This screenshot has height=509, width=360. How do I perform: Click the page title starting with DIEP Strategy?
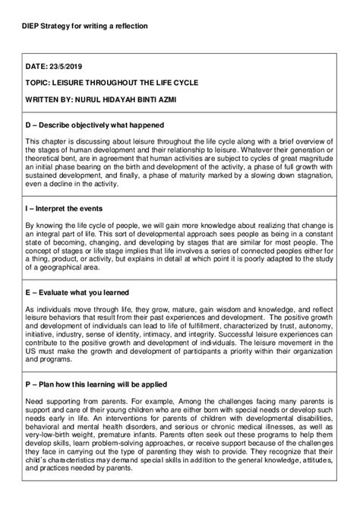(85, 26)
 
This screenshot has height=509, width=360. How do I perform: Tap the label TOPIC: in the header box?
(39, 85)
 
